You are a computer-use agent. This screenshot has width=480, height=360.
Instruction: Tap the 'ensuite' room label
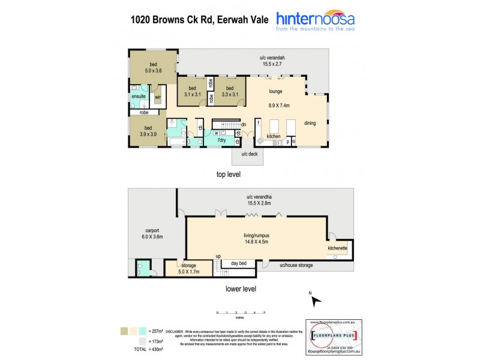[x=139, y=96]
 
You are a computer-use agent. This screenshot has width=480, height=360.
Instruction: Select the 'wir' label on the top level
[x=158, y=97]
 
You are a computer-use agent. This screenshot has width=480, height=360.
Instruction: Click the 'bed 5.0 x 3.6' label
[x=153, y=67]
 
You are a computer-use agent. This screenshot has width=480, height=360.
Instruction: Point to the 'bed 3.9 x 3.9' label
[x=148, y=130]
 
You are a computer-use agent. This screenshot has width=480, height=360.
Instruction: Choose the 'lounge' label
[x=275, y=92]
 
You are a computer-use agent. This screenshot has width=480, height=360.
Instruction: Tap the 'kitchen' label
[x=274, y=137]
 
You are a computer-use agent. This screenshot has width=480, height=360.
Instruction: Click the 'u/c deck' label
[x=249, y=155]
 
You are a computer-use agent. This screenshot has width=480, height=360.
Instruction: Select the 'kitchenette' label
[x=337, y=247]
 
